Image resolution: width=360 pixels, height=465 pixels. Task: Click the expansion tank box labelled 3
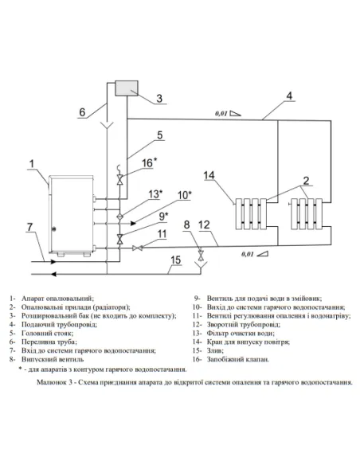127,88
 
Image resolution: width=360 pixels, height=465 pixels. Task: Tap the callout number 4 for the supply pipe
289,96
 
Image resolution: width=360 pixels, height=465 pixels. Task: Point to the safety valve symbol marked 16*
120,180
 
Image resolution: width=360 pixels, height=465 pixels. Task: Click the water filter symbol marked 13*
120,216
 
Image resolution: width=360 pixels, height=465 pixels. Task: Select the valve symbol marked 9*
120,239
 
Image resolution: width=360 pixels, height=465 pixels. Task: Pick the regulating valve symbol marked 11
137,248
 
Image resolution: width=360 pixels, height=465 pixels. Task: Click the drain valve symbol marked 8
201,255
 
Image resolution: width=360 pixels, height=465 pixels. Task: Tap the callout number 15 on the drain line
175,260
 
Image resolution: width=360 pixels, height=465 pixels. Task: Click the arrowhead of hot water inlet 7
53,261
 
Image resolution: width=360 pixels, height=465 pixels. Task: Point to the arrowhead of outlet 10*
134,223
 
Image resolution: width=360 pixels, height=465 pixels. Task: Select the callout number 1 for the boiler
32,164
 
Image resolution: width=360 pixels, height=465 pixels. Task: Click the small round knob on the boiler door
54,229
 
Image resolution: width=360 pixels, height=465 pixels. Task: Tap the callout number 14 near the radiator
209,175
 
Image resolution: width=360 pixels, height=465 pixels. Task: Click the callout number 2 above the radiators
306,180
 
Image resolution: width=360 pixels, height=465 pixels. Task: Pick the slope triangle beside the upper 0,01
236,113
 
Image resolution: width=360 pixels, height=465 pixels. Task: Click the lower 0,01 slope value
248,254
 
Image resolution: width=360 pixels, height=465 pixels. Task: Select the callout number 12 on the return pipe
204,225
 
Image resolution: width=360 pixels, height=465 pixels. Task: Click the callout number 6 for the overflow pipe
82,112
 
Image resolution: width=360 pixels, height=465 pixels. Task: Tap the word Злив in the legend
215,350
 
